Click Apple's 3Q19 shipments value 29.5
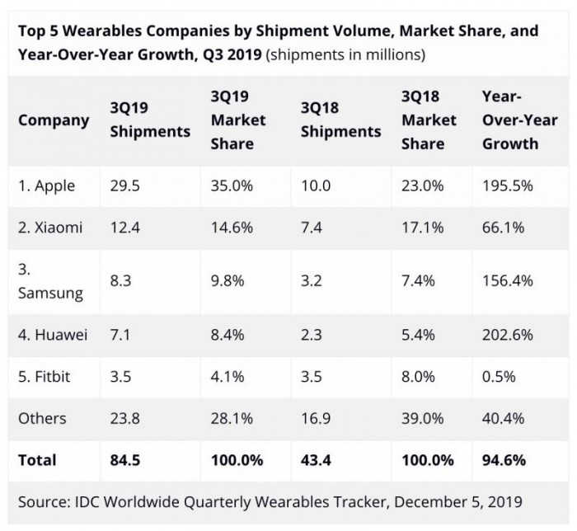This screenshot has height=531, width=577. (x=125, y=186)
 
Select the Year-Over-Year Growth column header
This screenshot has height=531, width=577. (x=519, y=120)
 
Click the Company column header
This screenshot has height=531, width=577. (x=54, y=120)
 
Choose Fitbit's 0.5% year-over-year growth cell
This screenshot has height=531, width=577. (x=499, y=377)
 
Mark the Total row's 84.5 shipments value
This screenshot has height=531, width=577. (x=125, y=459)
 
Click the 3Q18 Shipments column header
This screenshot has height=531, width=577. (x=340, y=120)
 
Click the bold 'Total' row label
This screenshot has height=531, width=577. (x=37, y=459)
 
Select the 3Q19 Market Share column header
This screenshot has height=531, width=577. (x=238, y=120)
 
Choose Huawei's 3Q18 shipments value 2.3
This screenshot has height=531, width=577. (x=311, y=336)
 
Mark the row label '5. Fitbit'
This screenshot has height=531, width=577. (x=45, y=377)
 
